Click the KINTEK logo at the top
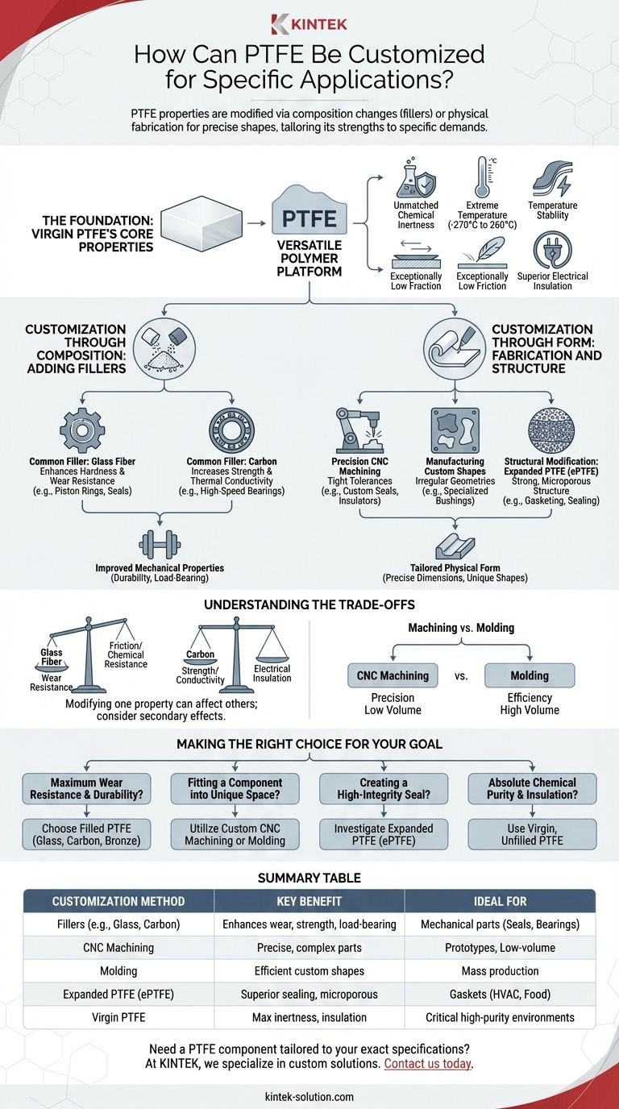[x=309, y=23]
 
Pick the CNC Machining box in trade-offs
[x=393, y=675]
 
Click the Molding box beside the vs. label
[x=530, y=675]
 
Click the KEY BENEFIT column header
[x=309, y=901]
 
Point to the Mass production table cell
[x=501, y=971]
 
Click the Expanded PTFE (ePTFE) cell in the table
[x=118, y=995]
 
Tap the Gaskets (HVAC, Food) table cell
[x=501, y=995]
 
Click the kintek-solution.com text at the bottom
[x=309, y=1097]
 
